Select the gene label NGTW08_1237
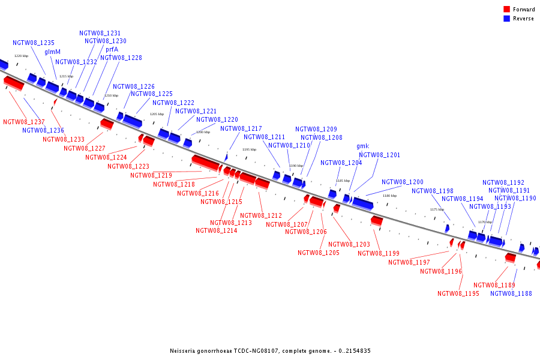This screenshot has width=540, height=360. point(24,122)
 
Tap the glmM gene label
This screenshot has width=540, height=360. point(52,52)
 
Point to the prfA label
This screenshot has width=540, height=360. point(112,50)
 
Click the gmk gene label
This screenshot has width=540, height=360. point(362,146)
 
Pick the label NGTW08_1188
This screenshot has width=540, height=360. point(511,294)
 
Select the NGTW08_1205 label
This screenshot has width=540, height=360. point(319,253)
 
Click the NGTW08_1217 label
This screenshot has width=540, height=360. point(241,129)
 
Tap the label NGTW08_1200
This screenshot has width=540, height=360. point(402,182)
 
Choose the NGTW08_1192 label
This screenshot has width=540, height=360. point(503,183)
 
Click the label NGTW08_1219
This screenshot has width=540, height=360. point(151,176)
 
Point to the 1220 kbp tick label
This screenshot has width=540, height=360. point(21,56)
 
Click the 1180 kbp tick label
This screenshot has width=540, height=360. point(389,196)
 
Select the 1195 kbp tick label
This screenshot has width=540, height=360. point(249,149)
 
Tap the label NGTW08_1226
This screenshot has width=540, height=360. point(133,87)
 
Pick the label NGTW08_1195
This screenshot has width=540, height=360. point(458,294)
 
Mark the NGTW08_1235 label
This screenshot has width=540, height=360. point(34,43)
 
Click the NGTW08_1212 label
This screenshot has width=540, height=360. point(261,216)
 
